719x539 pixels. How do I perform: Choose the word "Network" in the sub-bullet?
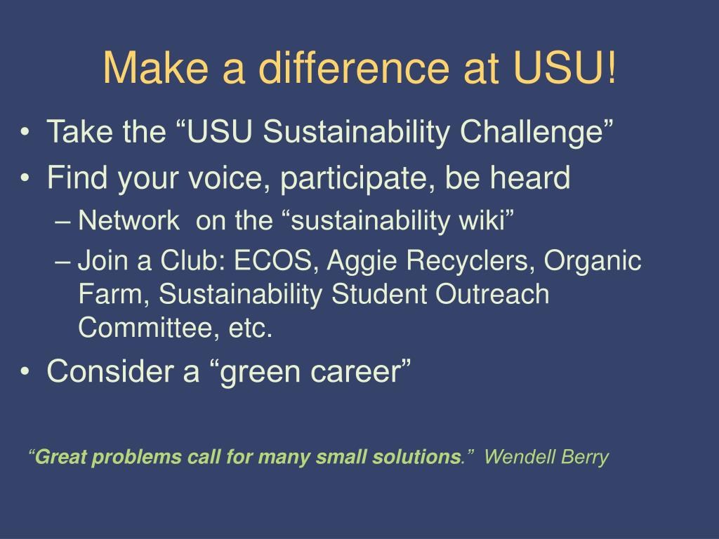pyautogui.click(x=128, y=220)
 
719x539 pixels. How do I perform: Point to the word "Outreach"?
pyautogui.click(x=492, y=294)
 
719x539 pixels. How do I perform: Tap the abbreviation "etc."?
pyautogui.click(x=251, y=328)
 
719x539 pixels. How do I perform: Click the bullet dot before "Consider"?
pyautogui.click(x=26, y=372)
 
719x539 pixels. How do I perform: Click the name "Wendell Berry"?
pyautogui.click(x=546, y=458)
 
